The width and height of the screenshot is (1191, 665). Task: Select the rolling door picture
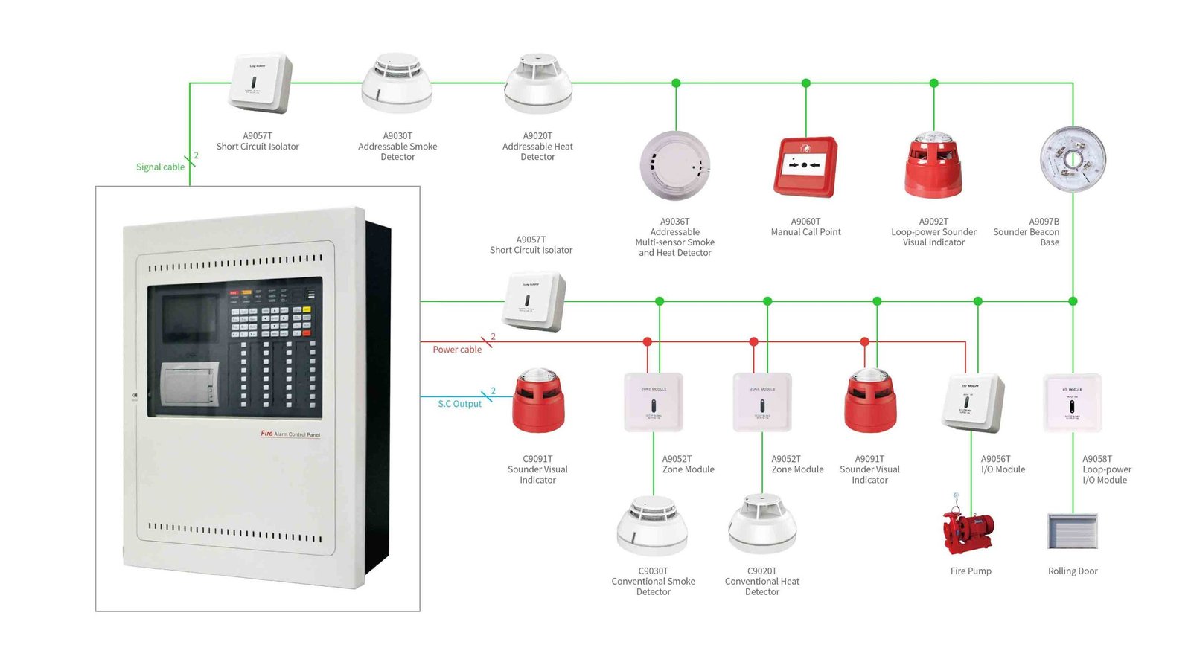pyautogui.click(x=1073, y=531)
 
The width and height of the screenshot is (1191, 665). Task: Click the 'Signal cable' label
pyautogui.click(x=160, y=167)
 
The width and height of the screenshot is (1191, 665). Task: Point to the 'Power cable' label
pyautogui.click(x=457, y=350)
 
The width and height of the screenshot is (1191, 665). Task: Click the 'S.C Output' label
pyautogui.click(x=459, y=404)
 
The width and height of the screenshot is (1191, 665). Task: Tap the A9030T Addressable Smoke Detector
pyautogui.click(x=397, y=83)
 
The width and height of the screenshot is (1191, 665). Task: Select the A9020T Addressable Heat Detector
pyautogui.click(x=538, y=83)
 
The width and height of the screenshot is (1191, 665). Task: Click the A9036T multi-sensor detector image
pyautogui.click(x=674, y=166)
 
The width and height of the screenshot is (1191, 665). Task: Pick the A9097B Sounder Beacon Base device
pyautogui.click(x=1073, y=159)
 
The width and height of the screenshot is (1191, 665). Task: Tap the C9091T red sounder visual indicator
pyautogui.click(x=538, y=402)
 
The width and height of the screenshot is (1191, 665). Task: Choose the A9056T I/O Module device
pyautogui.click(x=972, y=402)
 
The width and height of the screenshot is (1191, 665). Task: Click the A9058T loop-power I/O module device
pyautogui.click(x=1072, y=403)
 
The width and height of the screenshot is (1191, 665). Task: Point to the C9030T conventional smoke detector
pyautogui.click(x=653, y=526)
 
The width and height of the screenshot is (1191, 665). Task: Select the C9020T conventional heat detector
pyautogui.click(x=762, y=526)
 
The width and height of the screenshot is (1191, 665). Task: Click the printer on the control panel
pyautogui.click(x=191, y=384)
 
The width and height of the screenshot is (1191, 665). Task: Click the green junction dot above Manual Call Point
pyautogui.click(x=805, y=83)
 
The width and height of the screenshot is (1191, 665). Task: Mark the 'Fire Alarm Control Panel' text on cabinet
pyautogui.click(x=290, y=434)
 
